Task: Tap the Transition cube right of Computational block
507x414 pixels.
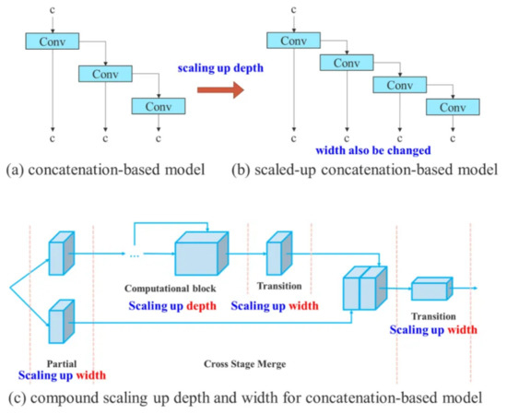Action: click(x=277, y=252)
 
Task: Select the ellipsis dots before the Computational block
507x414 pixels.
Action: click(x=137, y=255)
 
